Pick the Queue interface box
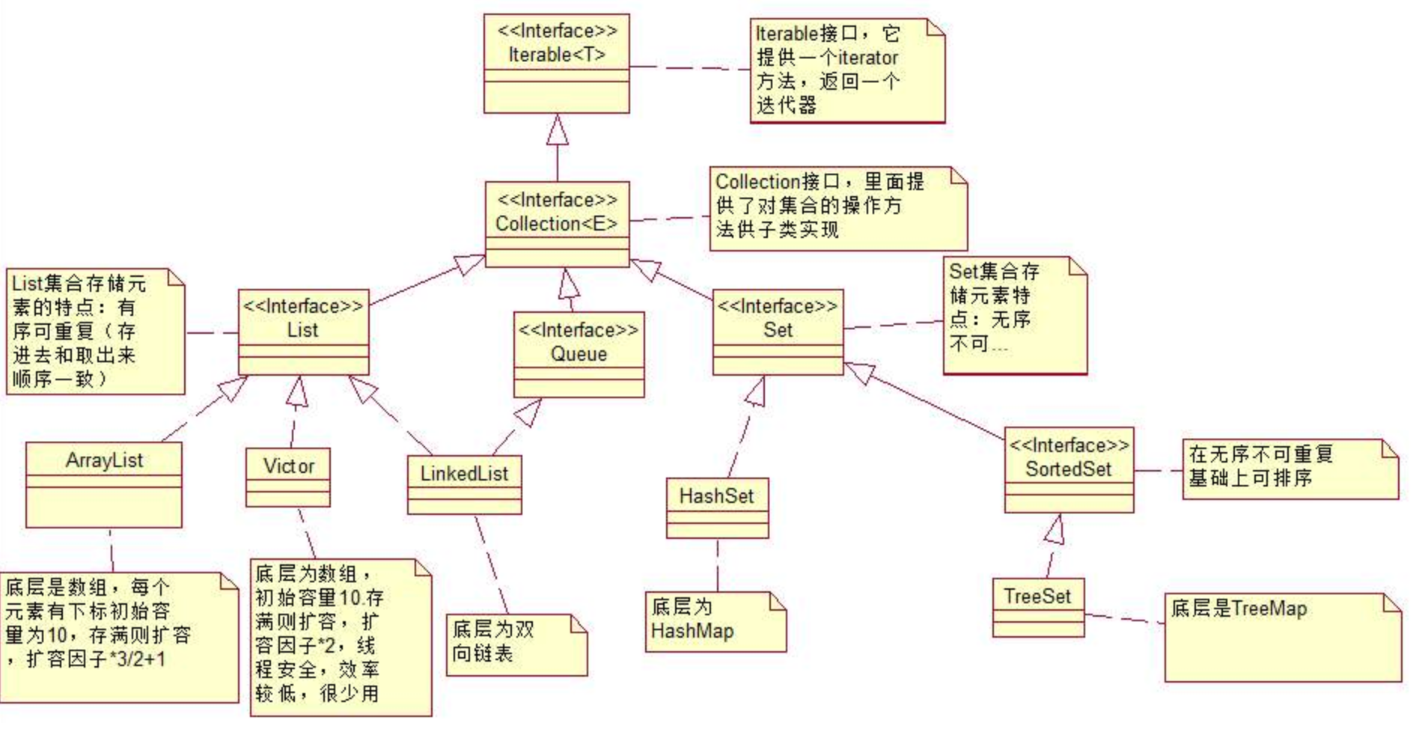click(579, 354)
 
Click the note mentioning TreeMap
click(1282, 637)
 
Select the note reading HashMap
click(715, 621)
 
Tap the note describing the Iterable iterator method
click(846, 70)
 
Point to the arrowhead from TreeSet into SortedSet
click(1055, 529)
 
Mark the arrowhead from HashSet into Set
click(757, 391)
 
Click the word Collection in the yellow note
click(757, 182)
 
